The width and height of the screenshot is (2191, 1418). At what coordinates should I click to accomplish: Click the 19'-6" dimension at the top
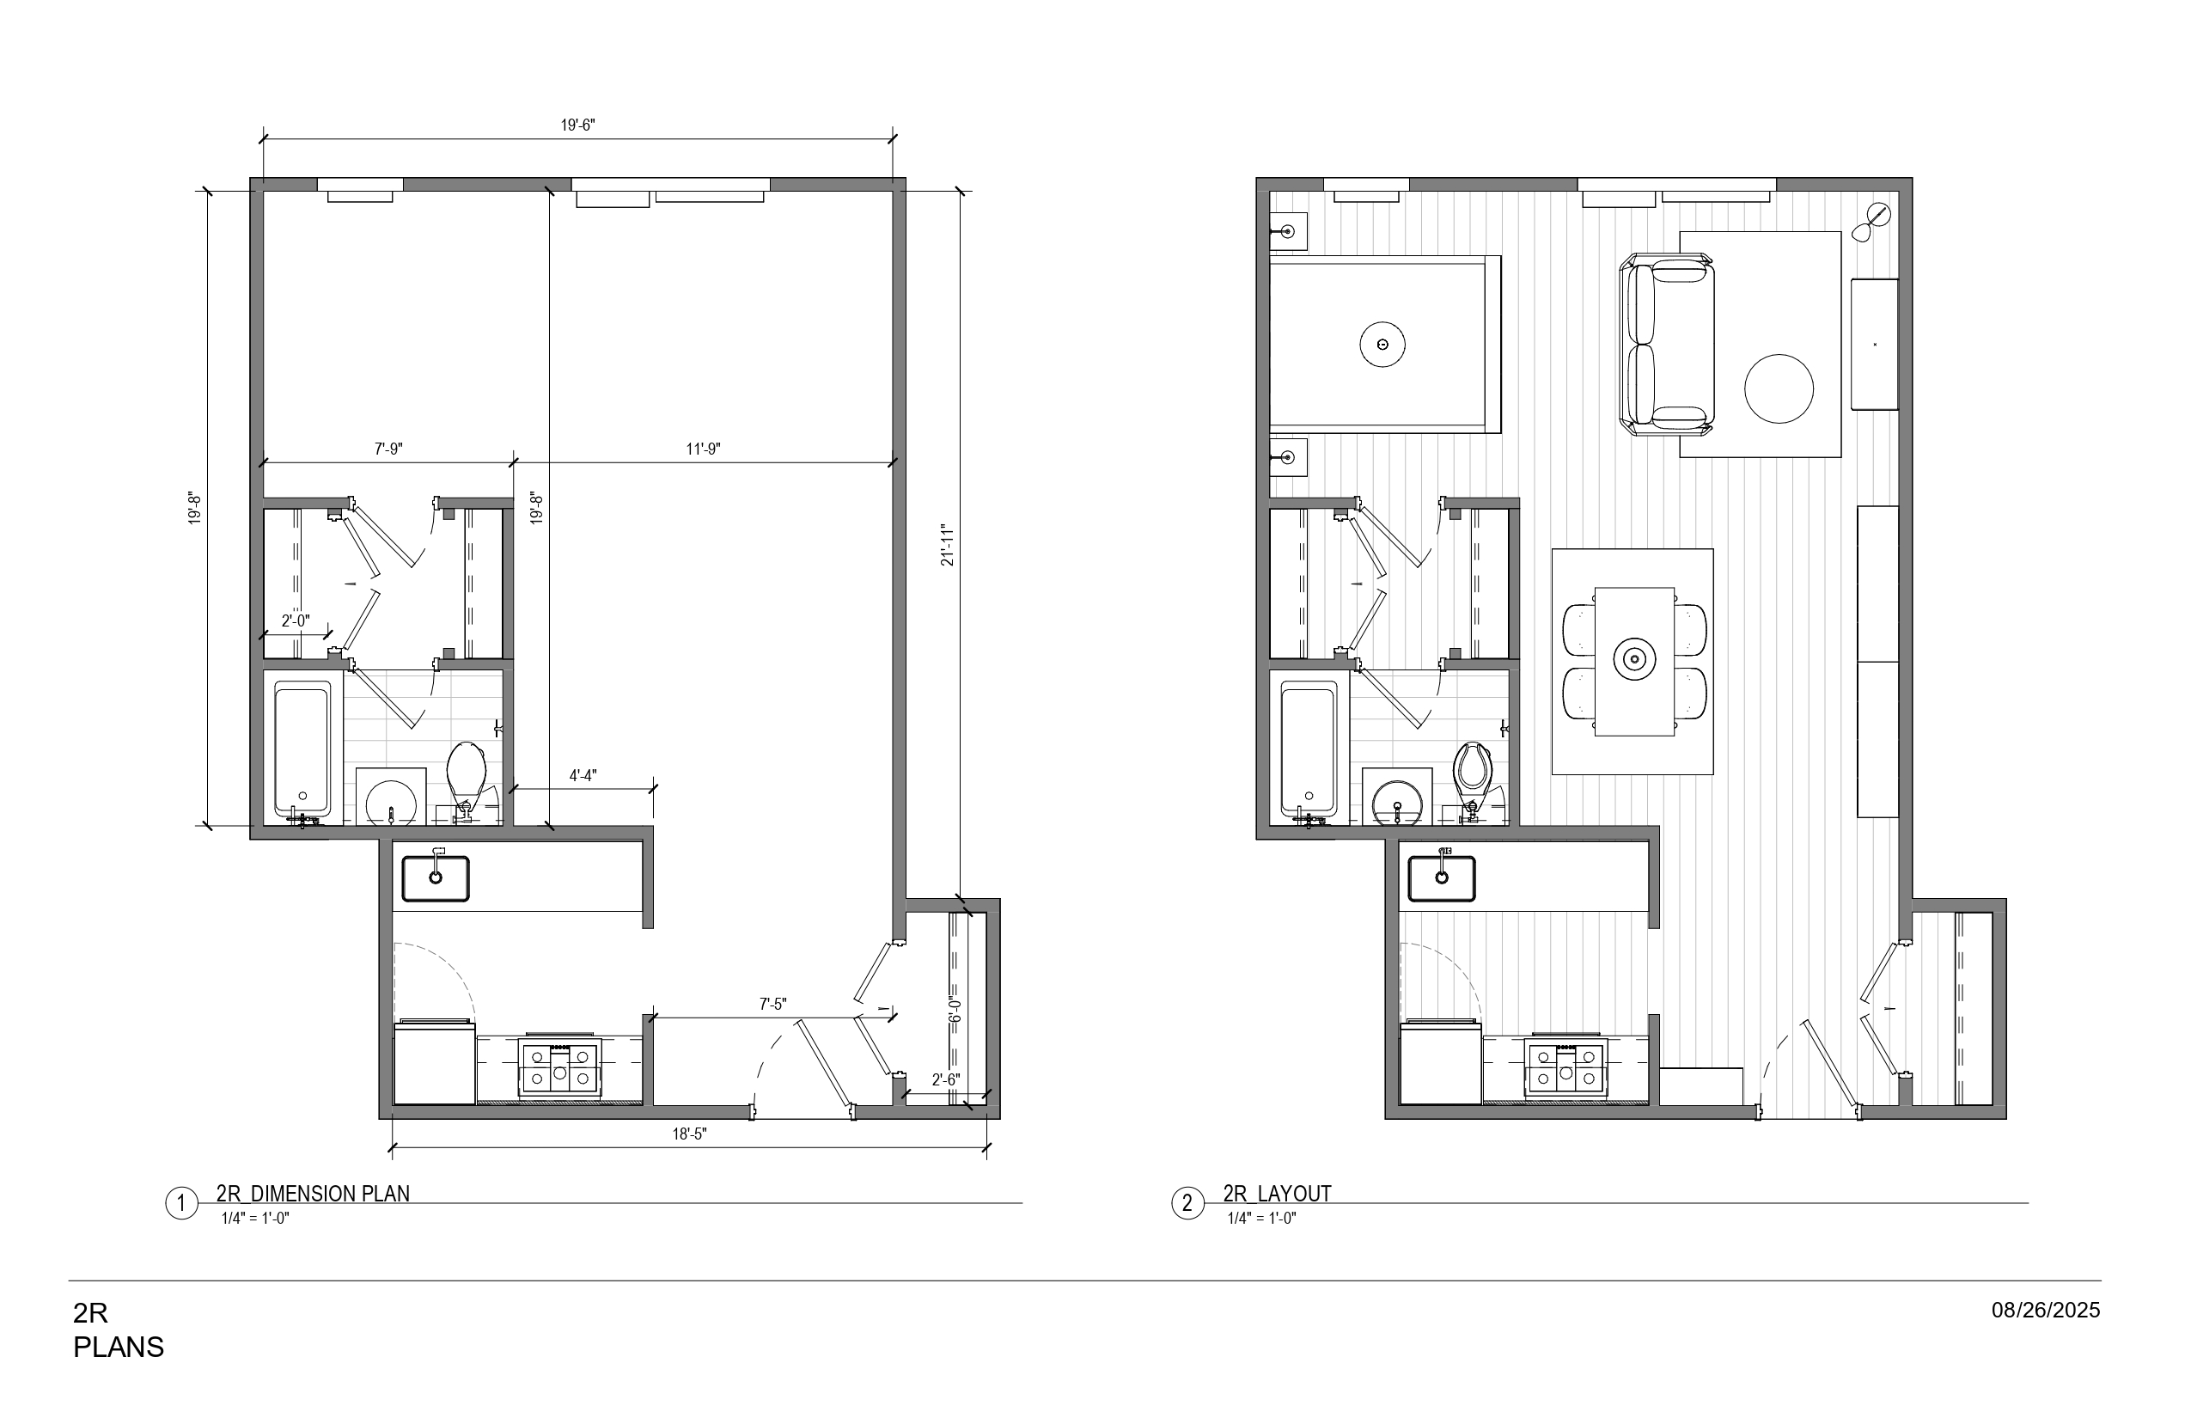click(x=578, y=125)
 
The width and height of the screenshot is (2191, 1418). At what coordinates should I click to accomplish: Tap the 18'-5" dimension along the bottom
click(x=688, y=1134)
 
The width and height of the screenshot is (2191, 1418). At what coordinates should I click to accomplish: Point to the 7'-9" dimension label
click(x=388, y=449)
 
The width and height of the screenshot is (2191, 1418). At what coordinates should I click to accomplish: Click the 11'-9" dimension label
click(x=704, y=449)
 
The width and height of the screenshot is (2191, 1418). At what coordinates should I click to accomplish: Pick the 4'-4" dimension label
click(x=583, y=775)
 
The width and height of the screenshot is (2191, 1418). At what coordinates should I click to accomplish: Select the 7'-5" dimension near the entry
click(x=773, y=1005)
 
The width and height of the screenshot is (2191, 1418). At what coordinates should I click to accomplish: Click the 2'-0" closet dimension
click(x=295, y=621)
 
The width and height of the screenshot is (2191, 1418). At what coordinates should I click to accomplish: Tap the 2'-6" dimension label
click(x=945, y=1080)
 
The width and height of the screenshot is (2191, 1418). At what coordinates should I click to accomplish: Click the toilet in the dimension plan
click(x=467, y=773)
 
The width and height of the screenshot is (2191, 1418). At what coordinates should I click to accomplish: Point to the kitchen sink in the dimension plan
click(x=436, y=878)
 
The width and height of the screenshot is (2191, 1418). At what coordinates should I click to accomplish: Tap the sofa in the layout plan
click(x=1667, y=345)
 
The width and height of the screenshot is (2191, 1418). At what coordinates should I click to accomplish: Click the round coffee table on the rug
click(x=1779, y=388)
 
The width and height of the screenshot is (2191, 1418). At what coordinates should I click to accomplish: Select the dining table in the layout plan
click(x=1634, y=660)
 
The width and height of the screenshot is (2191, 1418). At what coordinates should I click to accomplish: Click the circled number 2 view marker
click(x=1187, y=1203)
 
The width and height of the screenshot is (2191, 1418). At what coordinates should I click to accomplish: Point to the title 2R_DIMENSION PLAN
click(x=313, y=1194)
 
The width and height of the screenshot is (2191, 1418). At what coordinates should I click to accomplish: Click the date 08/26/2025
click(x=2046, y=1311)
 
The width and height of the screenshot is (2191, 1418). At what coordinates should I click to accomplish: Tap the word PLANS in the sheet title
click(x=119, y=1348)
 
